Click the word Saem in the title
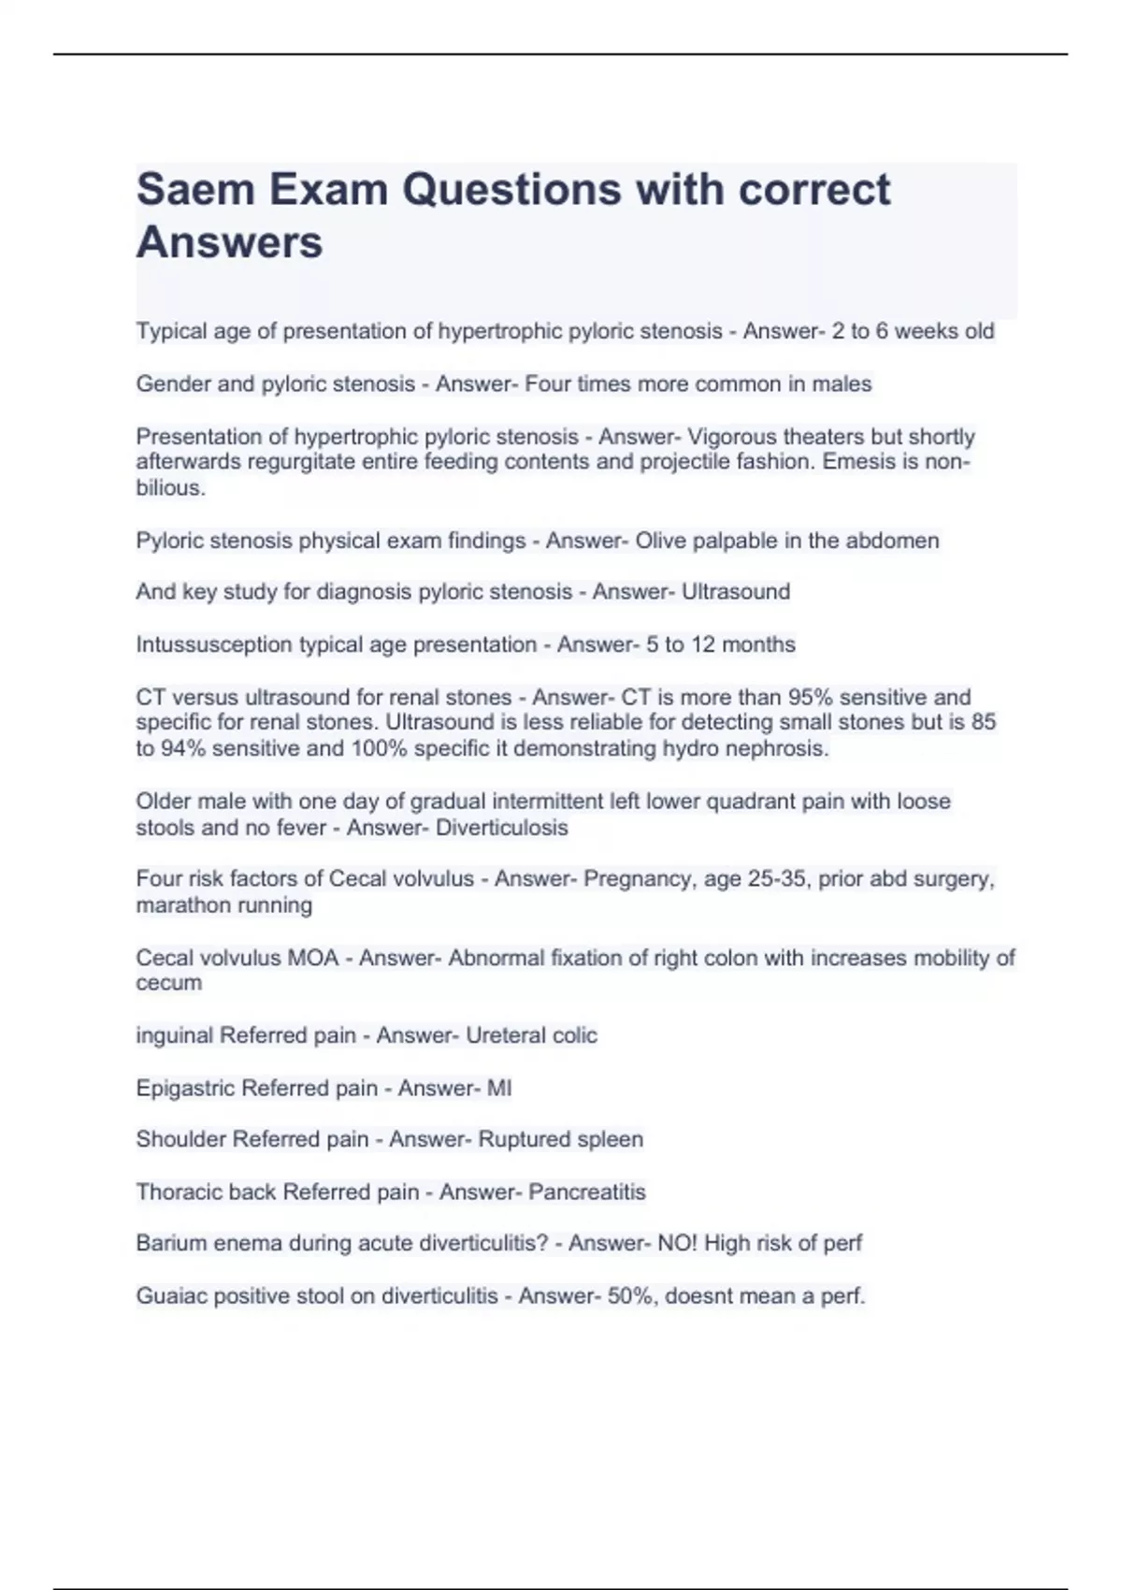tap(194, 190)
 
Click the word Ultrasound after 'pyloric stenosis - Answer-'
tap(736, 592)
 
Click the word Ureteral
tap(506, 1035)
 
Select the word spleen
tap(611, 1139)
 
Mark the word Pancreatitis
tap(587, 1192)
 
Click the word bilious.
tap(169, 488)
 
